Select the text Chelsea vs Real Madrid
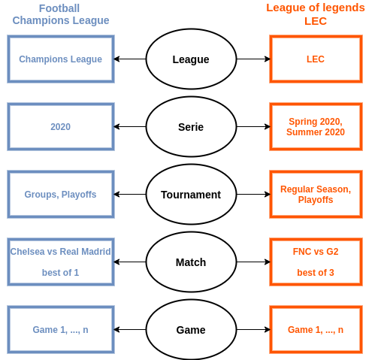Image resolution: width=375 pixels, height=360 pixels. click(60, 252)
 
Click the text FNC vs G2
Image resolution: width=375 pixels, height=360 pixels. click(316, 252)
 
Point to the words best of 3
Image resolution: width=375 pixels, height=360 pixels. click(316, 273)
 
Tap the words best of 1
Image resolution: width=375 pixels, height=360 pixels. click(60, 273)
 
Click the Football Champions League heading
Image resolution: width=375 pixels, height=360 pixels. click(61, 14)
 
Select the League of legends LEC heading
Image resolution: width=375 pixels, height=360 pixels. click(316, 14)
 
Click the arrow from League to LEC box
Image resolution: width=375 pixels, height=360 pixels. click(253, 59)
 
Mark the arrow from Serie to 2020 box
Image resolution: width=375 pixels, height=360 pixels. click(130, 126)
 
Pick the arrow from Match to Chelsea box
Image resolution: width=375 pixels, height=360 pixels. click(130, 262)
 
